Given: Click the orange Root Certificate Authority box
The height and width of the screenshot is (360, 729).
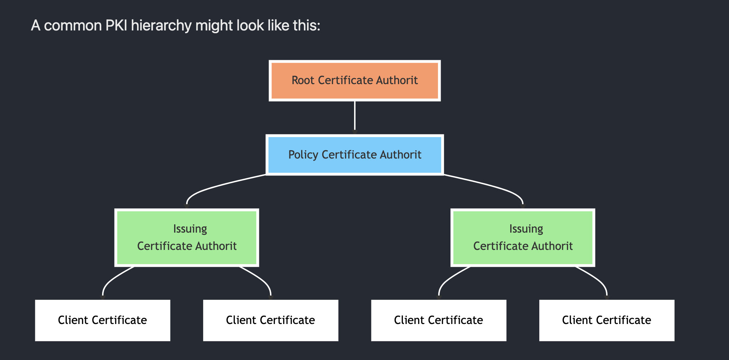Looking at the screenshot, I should pos(355,81).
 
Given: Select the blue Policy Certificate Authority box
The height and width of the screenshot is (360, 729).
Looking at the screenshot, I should pos(355,155).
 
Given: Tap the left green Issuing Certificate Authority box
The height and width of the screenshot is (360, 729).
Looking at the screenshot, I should pos(187,237).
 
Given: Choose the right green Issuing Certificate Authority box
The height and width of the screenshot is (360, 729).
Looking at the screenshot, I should pos(523,237).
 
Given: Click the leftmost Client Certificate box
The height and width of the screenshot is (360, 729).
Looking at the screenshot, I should pos(102,320).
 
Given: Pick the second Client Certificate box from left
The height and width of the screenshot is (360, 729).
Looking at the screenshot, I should pos(270,320).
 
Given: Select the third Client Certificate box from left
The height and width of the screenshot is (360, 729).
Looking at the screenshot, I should pos(439,320).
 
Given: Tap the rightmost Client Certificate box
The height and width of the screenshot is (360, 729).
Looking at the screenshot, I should pos(606,320).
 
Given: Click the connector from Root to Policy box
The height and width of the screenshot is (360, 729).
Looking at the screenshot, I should pos(355,116).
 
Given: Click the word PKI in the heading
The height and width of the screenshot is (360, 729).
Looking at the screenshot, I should pos(116,25).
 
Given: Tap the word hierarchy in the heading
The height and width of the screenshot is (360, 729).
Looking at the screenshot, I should pos(161,25).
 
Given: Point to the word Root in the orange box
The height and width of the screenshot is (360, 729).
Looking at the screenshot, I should pos(303,80).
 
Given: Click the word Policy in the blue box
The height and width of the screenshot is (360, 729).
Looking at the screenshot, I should pos(303,155).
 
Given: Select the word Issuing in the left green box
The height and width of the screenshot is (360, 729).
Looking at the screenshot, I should pos(190,229).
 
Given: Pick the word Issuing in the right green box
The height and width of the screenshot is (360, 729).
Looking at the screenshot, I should pos(526,229).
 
